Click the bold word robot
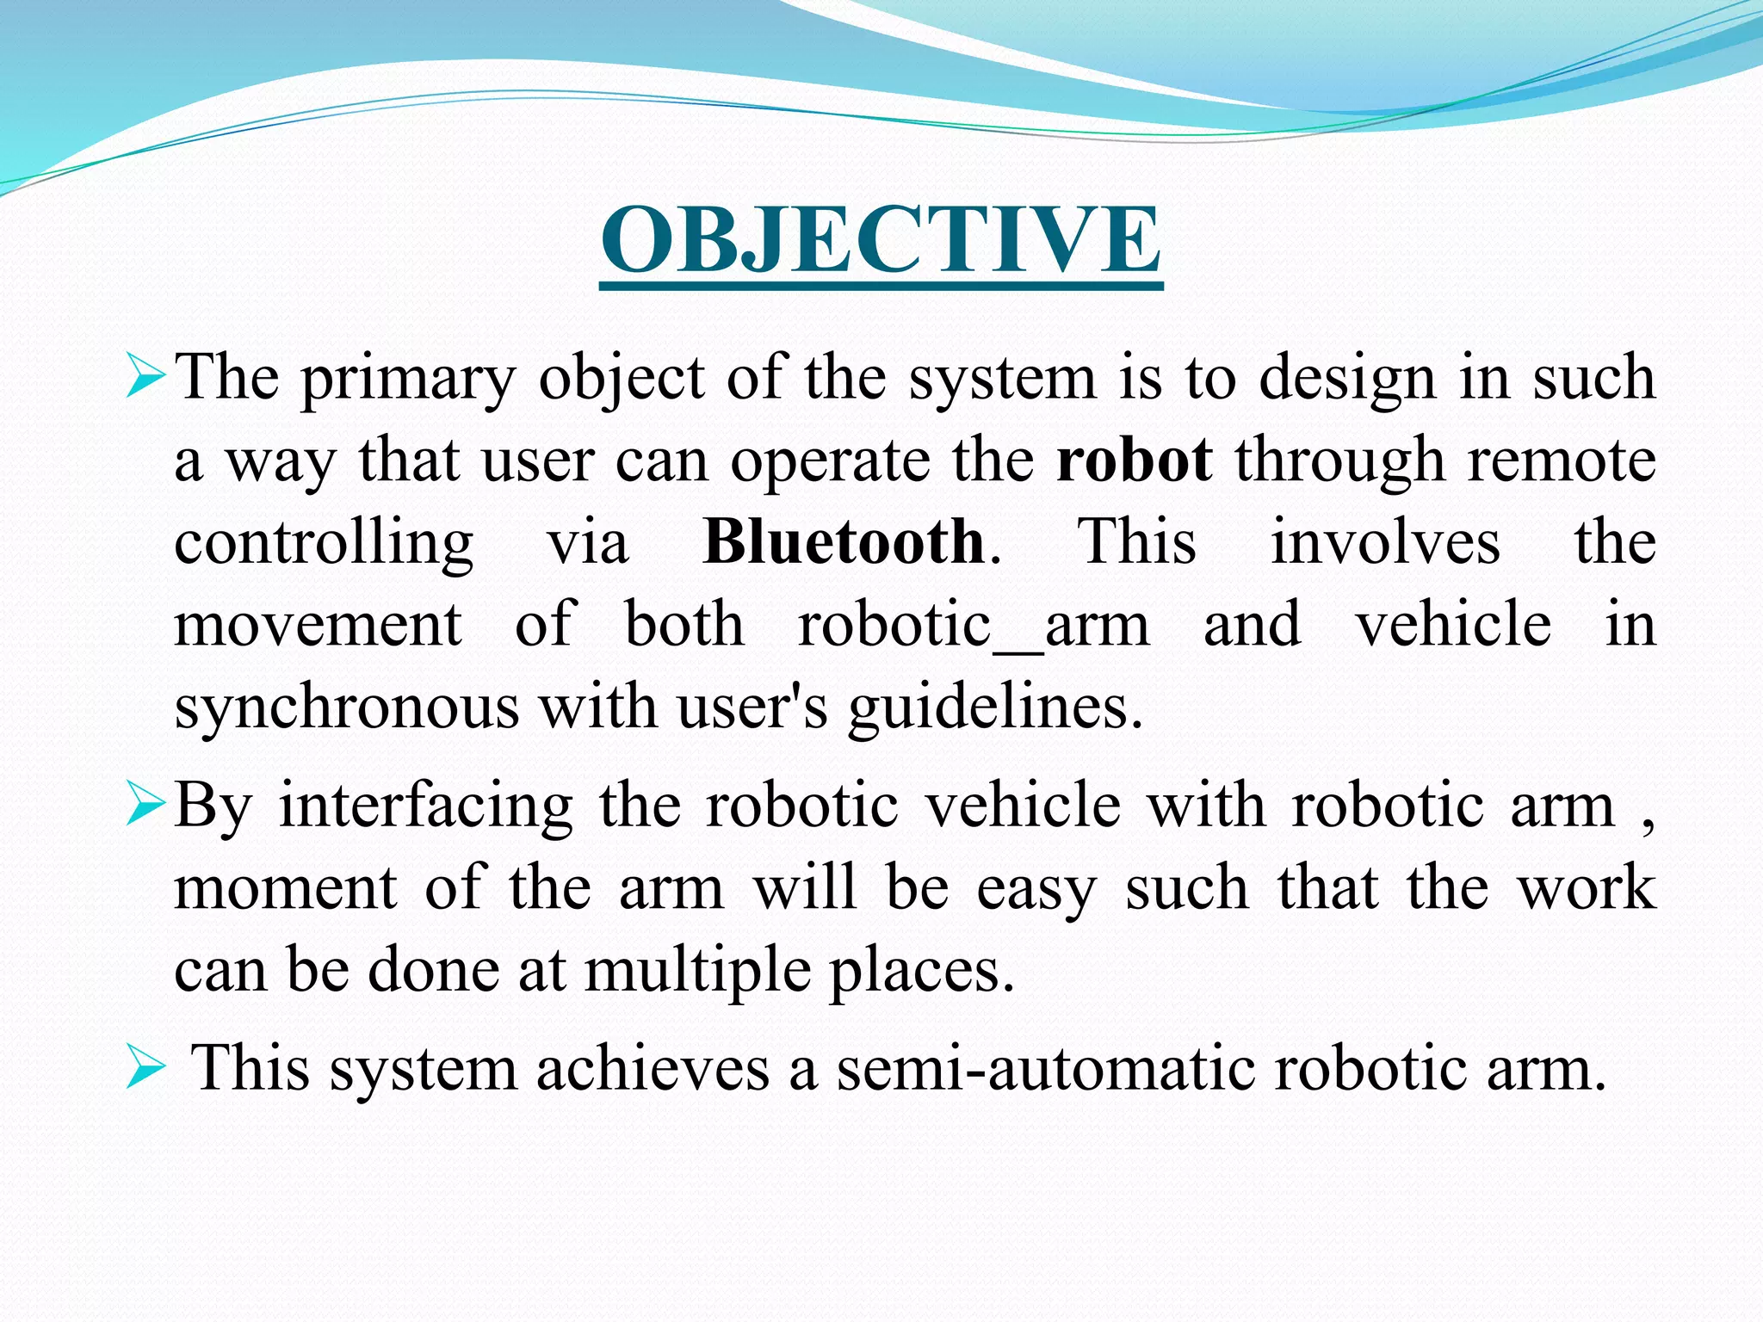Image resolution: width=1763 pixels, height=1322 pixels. point(1135,460)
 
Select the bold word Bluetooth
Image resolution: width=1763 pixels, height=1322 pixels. point(844,542)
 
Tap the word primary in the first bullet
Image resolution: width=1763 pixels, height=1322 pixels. point(408,379)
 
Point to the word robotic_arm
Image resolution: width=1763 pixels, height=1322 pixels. point(974,625)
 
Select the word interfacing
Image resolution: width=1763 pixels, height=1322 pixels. point(426,806)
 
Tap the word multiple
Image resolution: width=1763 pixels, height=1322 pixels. point(697,972)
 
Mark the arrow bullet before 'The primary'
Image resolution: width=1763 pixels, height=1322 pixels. point(144,380)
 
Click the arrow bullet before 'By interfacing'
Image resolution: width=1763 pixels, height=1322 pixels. point(144,807)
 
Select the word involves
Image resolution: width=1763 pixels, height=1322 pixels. point(1385,542)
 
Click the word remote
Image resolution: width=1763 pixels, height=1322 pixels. point(1562,460)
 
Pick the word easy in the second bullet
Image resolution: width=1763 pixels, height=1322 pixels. point(1036,890)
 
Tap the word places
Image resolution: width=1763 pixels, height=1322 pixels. point(921,972)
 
